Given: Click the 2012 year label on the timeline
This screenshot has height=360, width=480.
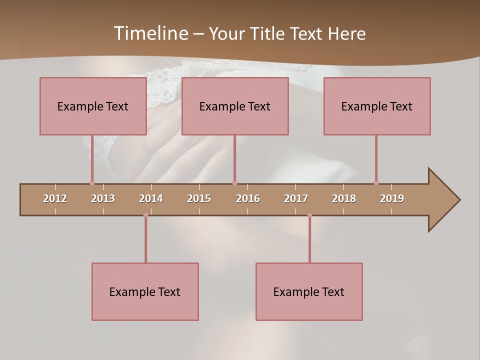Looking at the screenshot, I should (55, 198).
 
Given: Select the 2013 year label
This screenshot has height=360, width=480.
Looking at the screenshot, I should (103, 198).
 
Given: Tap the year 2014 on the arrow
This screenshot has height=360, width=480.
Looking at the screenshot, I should (151, 198).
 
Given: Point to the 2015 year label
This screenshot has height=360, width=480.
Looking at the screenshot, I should (199, 198).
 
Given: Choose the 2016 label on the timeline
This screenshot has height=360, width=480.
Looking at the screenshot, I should (248, 198).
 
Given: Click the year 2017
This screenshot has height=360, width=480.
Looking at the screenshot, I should (296, 198).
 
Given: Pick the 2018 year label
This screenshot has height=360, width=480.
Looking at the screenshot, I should (344, 198).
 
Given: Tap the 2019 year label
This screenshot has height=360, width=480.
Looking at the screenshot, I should (392, 198).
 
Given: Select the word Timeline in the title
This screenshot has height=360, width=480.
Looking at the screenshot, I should (150, 33).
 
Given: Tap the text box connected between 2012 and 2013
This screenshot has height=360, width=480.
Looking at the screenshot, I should (93, 106).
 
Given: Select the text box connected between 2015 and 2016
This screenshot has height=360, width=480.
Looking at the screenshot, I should (235, 106).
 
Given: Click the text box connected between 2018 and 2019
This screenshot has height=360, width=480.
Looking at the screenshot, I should (377, 106).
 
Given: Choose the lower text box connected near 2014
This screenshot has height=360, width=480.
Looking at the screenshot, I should (145, 291).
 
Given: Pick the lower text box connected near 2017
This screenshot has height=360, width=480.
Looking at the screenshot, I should (309, 291).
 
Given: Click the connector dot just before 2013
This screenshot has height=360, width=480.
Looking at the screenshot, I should (92, 183).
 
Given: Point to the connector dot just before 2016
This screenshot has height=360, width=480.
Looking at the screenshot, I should (234, 183).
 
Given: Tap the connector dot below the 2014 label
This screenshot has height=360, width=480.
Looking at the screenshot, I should (145, 215).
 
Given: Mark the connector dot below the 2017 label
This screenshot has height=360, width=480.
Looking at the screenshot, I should (309, 215).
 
